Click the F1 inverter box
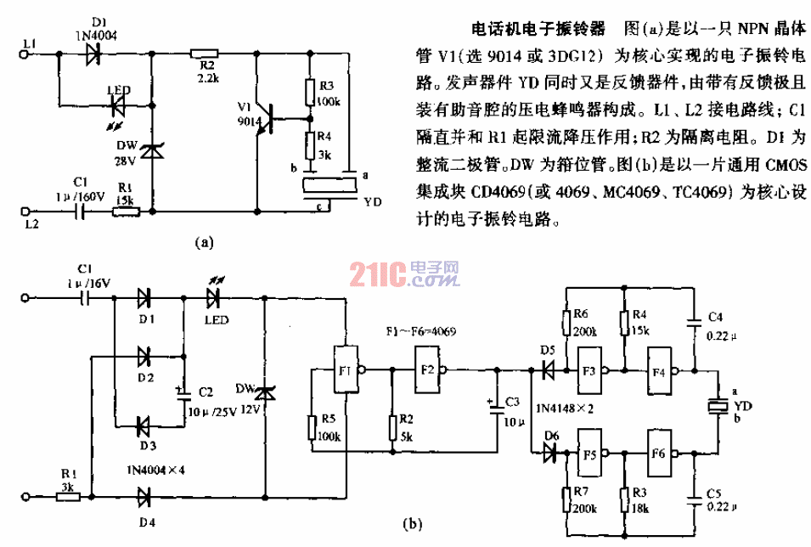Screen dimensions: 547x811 (x=345, y=370)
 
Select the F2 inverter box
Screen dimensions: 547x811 (x=428, y=369)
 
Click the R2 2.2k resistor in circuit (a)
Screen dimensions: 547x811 (x=205, y=53)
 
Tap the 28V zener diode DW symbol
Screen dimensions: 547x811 (x=152, y=152)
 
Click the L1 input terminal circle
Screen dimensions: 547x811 (x=24, y=54)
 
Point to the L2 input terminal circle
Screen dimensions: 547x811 (x=24, y=210)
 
